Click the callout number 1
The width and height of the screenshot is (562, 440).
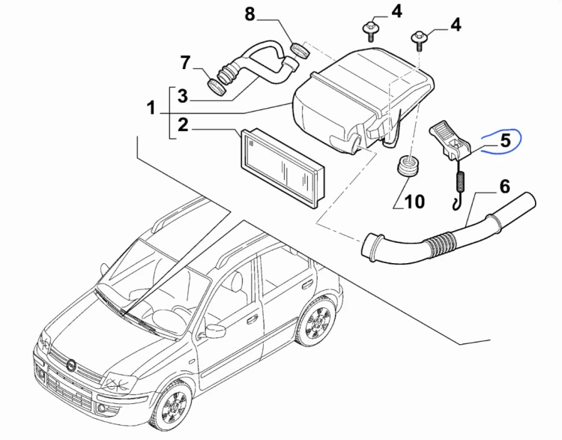151,108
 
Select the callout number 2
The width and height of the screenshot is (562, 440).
183,125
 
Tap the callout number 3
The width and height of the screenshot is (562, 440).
183,96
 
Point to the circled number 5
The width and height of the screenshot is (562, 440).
505,140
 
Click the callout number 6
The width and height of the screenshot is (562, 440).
504,187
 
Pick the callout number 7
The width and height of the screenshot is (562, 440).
185,63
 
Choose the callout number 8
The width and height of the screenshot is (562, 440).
250,14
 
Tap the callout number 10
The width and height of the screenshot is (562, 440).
414,202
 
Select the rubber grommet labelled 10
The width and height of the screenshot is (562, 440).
408,166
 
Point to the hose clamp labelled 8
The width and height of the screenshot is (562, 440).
300,50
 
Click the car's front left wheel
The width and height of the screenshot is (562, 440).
174,408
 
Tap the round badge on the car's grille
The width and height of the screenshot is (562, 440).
70,366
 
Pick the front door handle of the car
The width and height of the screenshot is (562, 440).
253,319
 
